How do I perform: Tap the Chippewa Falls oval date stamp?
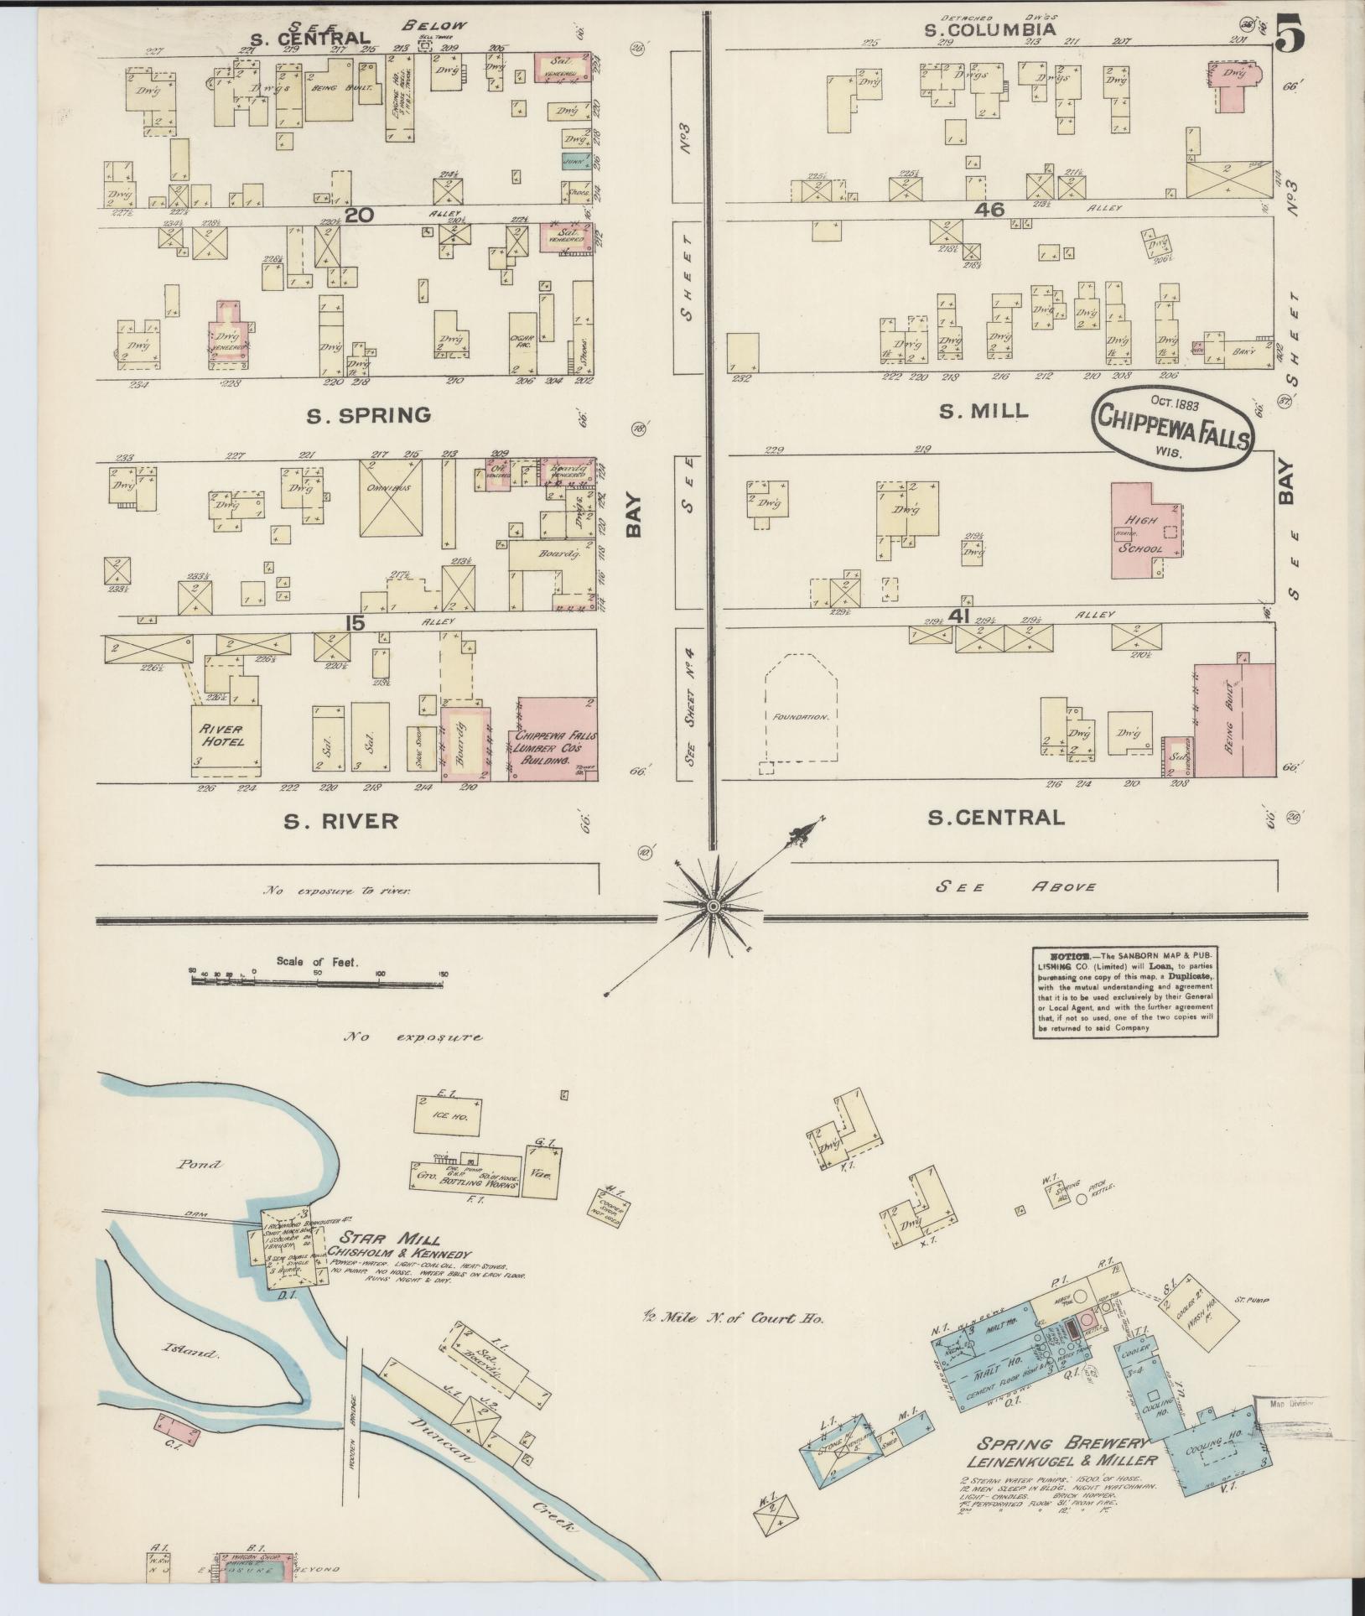[x=1172, y=425]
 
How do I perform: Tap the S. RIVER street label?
[x=340, y=821]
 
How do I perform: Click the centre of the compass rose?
[x=712, y=907]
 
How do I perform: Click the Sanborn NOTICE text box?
[x=1125, y=991]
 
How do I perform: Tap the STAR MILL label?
[x=390, y=1239]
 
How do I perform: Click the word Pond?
[x=200, y=1164]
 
